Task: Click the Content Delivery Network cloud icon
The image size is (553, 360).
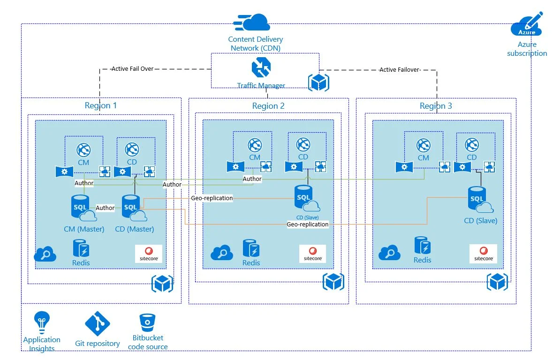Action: tap(252, 22)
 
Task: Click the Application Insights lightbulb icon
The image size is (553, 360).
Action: tap(41, 322)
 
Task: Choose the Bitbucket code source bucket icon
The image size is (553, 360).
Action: tap(147, 323)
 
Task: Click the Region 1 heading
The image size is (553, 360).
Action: tap(101, 105)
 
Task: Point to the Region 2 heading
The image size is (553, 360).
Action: tap(268, 106)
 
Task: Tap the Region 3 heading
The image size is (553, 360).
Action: tap(436, 106)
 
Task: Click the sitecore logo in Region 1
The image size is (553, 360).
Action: tap(149, 254)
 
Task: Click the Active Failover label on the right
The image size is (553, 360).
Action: tap(399, 70)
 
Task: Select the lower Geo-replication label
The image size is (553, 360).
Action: tap(308, 225)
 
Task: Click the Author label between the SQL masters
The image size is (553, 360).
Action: tap(105, 208)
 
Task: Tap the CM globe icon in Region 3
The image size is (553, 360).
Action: tap(424, 146)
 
